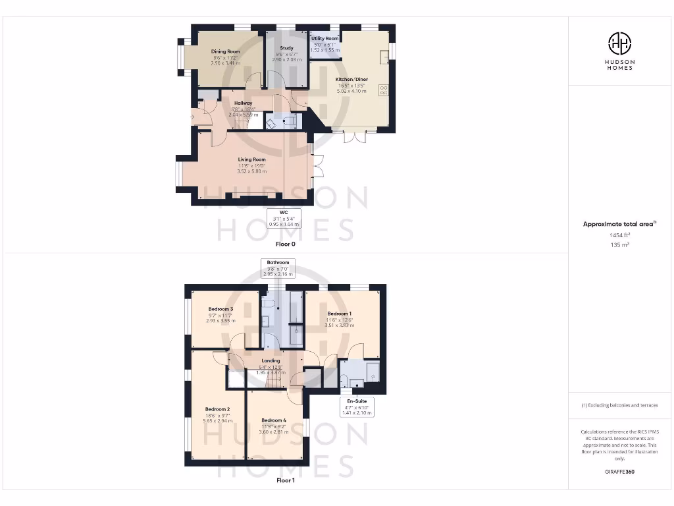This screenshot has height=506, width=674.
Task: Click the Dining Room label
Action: pos(225,51)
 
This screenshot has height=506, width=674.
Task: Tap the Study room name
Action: pos(286,48)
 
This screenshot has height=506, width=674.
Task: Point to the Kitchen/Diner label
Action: pos(353,80)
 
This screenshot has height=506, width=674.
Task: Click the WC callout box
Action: pos(284,218)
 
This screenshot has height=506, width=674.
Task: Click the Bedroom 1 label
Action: pos(340,314)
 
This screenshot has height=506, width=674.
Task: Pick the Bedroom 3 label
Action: pos(220,309)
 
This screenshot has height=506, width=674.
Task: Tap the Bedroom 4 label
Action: pos(273,420)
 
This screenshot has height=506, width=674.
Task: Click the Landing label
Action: pos(271,361)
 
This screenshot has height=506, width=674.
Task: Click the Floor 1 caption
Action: pos(286,480)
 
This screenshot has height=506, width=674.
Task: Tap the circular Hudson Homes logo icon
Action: pos(619,43)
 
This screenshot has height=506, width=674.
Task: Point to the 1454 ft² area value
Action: pos(619,235)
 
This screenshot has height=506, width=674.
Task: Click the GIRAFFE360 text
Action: pos(619,472)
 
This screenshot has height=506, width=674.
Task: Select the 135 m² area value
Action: pos(619,244)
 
